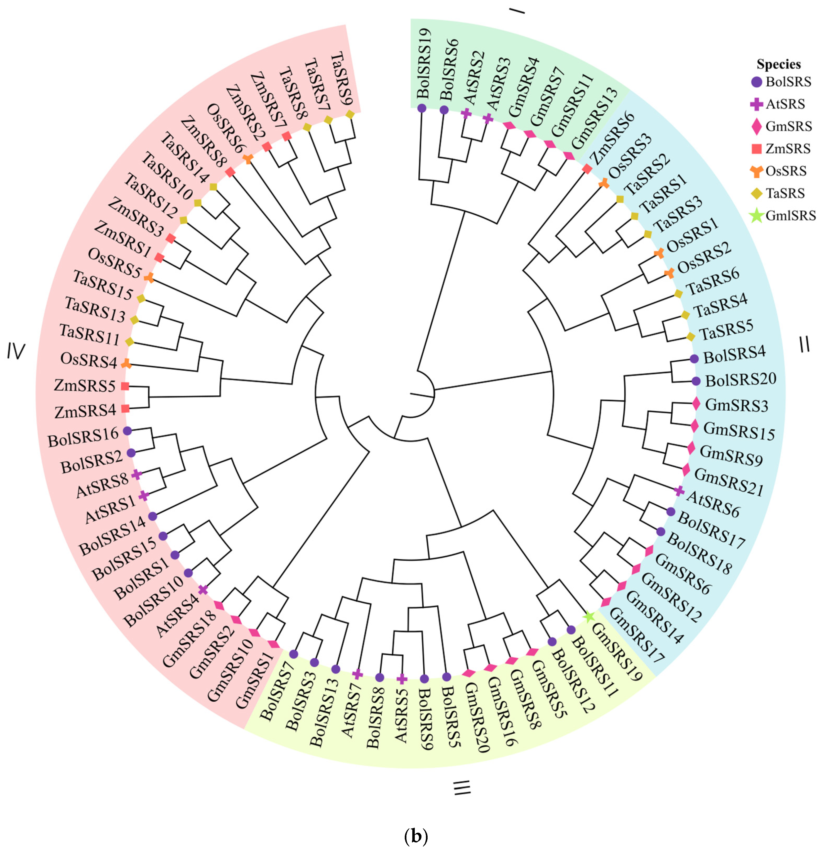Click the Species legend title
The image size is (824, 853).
pos(779,65)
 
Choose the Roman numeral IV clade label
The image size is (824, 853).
pos(16,352)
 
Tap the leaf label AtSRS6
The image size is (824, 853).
pos(713,504)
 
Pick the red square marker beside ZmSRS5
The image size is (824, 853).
pos(125,386)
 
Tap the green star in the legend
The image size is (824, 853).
pos(757,215)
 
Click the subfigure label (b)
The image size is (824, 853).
pos(416,836)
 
